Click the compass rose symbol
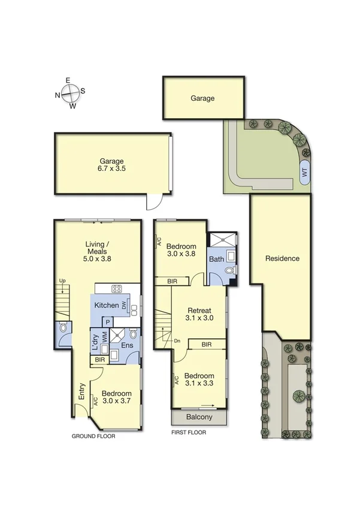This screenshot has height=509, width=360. [x=71, y=93]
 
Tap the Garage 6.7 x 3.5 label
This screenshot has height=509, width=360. [x=112, y=165]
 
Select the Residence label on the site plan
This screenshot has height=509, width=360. [x=282, y=259]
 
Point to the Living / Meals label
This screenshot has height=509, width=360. [x=99, y=248]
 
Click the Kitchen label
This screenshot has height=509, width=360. [x=106, y=305]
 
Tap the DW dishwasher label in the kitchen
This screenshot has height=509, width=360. [x=124, y=306]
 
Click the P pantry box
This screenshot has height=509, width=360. [x=107, y=322]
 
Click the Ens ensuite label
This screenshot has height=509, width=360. [x=128, y=346]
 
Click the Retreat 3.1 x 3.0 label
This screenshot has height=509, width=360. [x=199, y=314]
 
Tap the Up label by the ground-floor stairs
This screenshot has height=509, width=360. [x=62, y=281]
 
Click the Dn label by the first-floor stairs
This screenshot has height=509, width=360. [x=177, y=341]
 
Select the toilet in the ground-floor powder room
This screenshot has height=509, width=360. [x=63, y=329]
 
